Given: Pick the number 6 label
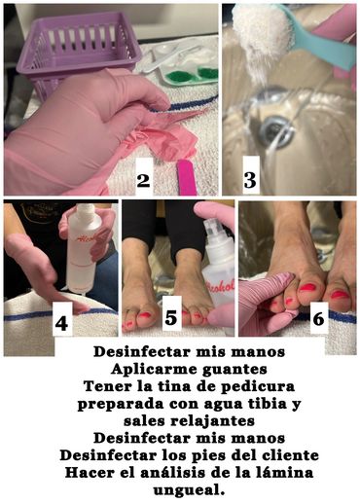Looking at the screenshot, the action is [x=319, y=318].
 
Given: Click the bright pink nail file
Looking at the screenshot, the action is [x=187, y=178].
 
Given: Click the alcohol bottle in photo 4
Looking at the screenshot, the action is [x=80, y=250].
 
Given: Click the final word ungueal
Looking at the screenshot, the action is [x=189, y=490].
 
